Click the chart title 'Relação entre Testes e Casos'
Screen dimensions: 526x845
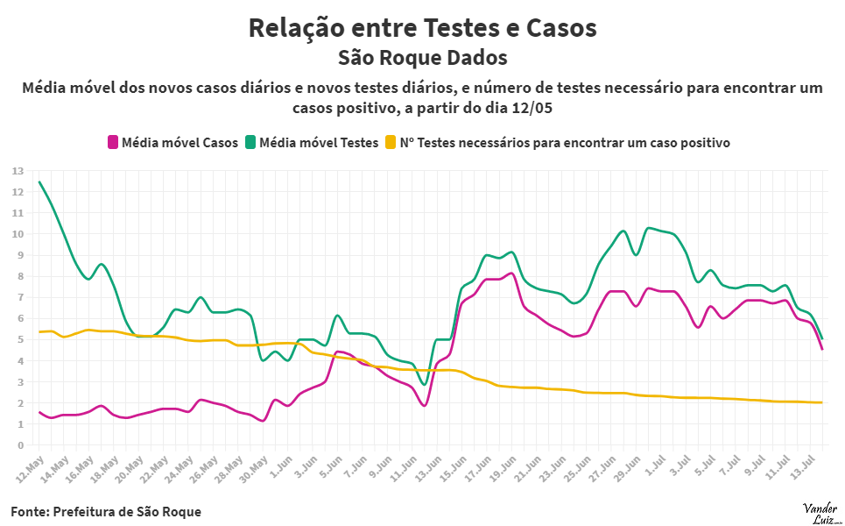(x=422, y=28)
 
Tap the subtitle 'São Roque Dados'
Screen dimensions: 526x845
(x=422, y=59)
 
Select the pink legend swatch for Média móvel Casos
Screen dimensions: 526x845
(x=112, y=142)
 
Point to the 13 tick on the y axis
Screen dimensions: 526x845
(x=18, y=171)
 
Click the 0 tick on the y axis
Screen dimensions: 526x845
(x=20, y=445)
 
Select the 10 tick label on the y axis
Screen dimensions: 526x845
(x=18, y=234)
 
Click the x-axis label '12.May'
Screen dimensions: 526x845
(x=30, y=466)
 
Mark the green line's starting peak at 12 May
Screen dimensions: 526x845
(x=39, y=182)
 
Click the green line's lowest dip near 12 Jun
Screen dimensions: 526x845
(x=424, y=385)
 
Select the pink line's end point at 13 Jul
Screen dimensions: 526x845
(x=821, y=349)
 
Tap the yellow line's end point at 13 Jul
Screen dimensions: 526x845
(x=821, y=402)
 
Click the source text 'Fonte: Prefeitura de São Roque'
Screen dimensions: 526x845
(x=106, y=511)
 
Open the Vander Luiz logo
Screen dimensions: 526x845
(x=820, y=512)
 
